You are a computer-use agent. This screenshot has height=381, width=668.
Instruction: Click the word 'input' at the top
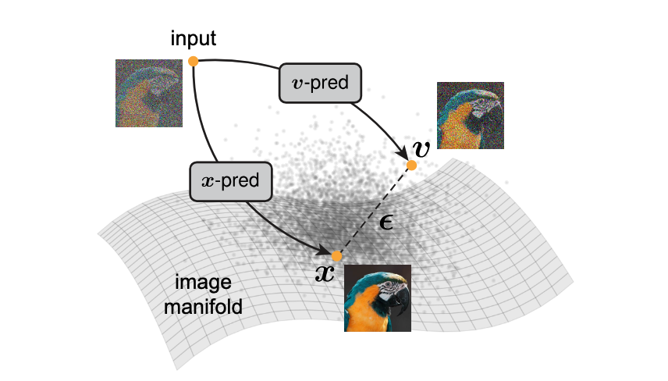(193, 39)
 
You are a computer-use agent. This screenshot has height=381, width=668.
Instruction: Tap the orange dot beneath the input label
(194, 62)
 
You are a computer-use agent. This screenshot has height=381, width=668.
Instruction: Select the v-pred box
(320, 83)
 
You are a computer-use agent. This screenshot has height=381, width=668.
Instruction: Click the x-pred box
(230, 182)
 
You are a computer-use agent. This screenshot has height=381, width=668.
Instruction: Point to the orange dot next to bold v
(411, 166)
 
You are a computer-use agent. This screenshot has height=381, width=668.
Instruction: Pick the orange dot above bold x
(336, 256)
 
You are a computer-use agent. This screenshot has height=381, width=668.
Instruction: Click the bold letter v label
(421, 149)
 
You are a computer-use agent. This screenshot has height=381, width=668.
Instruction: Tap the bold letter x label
(325, 273)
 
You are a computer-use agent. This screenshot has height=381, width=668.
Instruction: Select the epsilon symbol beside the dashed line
(386, 222)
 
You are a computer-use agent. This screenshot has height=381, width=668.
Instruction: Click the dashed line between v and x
(374, 211)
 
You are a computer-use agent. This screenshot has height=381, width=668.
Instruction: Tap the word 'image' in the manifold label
(203, 283)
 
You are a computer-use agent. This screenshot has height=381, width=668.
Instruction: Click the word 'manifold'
(203, 307)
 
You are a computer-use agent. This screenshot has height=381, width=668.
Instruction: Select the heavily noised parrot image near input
(149, 94)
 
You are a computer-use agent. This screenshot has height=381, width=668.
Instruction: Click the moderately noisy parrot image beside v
(471, 116)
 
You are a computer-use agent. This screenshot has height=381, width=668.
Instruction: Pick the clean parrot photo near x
(378, 298)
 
